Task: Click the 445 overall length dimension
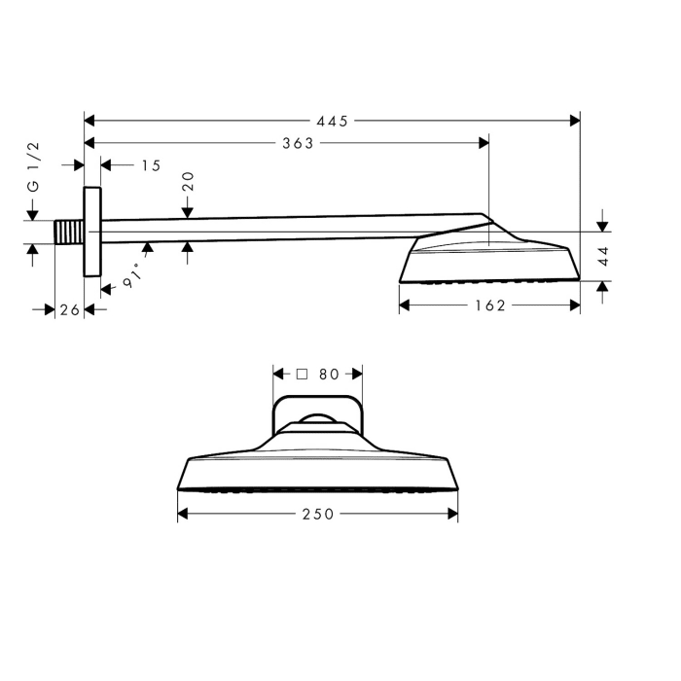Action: (332, 121)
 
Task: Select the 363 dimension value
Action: (298, 143)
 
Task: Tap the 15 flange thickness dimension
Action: (150, 165)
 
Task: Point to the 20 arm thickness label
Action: (188, 181)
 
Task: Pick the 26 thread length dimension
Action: (68, 308)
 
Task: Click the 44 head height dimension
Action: (603, 256)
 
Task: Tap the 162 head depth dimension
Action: (489, 305)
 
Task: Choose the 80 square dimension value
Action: (328, 374)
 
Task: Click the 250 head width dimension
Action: (317, 513)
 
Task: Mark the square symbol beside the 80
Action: (302, 374)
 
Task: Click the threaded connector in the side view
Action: (69, 233)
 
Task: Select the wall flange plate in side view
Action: (92, 232)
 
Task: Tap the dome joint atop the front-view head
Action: (317, 420)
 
